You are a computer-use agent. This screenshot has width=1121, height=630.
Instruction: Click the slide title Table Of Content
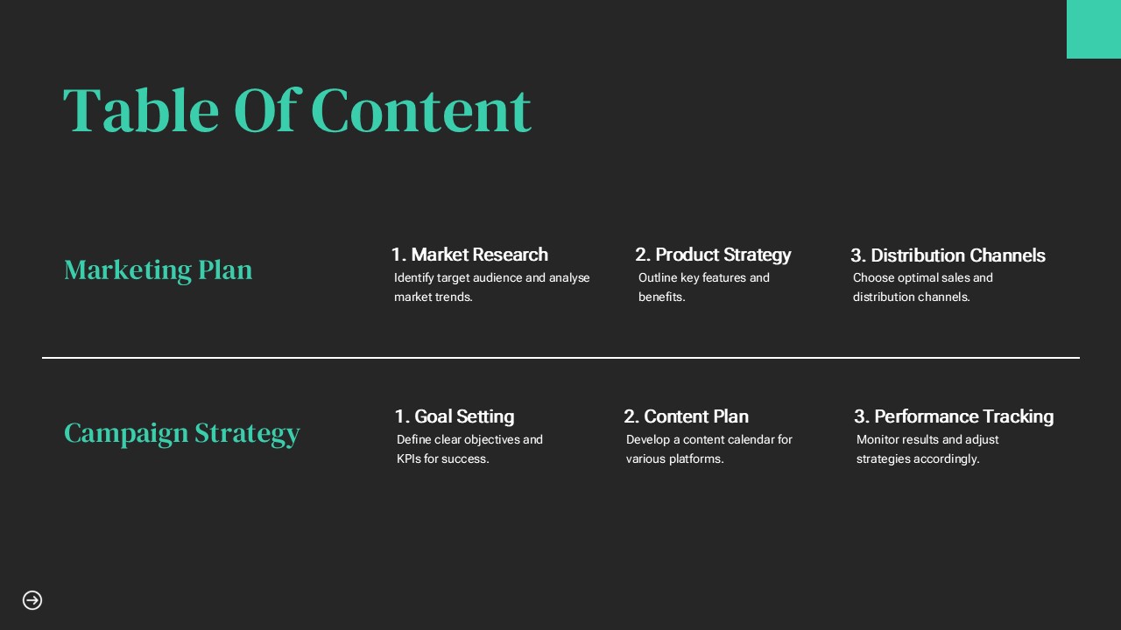[x=297, y=110]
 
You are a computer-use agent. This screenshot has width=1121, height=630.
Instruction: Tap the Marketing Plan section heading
[x=159, y=270]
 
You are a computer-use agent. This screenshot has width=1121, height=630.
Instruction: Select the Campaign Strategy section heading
[x=181, y=433]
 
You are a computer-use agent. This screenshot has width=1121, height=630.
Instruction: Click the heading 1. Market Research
[x=469, y=255]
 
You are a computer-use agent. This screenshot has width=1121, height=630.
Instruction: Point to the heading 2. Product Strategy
[x=713, y=255]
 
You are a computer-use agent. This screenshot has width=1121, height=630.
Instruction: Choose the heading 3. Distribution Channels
[x=948, y=255]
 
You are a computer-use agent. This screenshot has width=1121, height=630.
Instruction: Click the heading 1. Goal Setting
[x=455, y=416]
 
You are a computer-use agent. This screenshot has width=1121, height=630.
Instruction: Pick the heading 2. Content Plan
[x=686, y=416]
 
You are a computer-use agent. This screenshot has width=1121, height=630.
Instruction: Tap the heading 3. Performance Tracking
[x=954, y=416]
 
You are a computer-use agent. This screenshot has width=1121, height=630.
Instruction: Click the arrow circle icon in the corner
[x=32, y=600]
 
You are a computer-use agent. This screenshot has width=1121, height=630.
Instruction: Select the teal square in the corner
[x=1094, y=29]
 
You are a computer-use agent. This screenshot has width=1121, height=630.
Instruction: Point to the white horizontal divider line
[x=560, y=358]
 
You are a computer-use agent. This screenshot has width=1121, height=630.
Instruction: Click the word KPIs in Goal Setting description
[x=408, y=458]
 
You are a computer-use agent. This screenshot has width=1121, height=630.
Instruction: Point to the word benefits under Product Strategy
[x=661, y=297]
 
